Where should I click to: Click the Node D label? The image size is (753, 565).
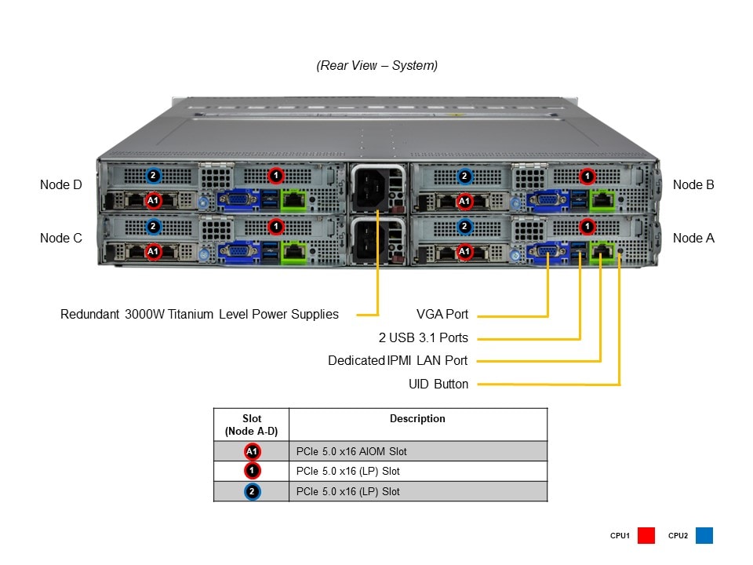coord(60,185)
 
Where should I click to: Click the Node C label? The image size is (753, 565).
coord(60,238)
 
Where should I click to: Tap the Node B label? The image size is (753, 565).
coord(693,185)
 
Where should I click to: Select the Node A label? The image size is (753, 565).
coord(693,238)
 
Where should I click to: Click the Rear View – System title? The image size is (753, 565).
coord(377,66)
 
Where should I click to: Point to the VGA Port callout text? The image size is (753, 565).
coord(442,315)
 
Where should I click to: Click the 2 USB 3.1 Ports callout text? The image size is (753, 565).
coord(423,338)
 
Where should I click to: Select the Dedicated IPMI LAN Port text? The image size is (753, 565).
coord(398,361)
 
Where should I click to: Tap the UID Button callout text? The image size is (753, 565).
coord(438,385)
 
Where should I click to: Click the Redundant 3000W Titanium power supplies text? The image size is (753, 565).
coord(199,315)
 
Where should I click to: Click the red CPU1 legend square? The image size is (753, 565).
coord(646,536)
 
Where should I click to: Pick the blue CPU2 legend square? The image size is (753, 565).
coord(704,536)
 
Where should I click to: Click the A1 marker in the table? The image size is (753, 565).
coord(252,451)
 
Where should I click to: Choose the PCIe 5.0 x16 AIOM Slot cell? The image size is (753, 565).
coord(351,451)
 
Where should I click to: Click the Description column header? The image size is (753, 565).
coord(417,419)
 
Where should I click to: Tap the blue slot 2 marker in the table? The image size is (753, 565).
coord(252,492)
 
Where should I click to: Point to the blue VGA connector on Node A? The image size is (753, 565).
coord(544,252)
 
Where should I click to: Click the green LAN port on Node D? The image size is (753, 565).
coord(293,200)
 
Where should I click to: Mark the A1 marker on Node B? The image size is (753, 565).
coord(464,201)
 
